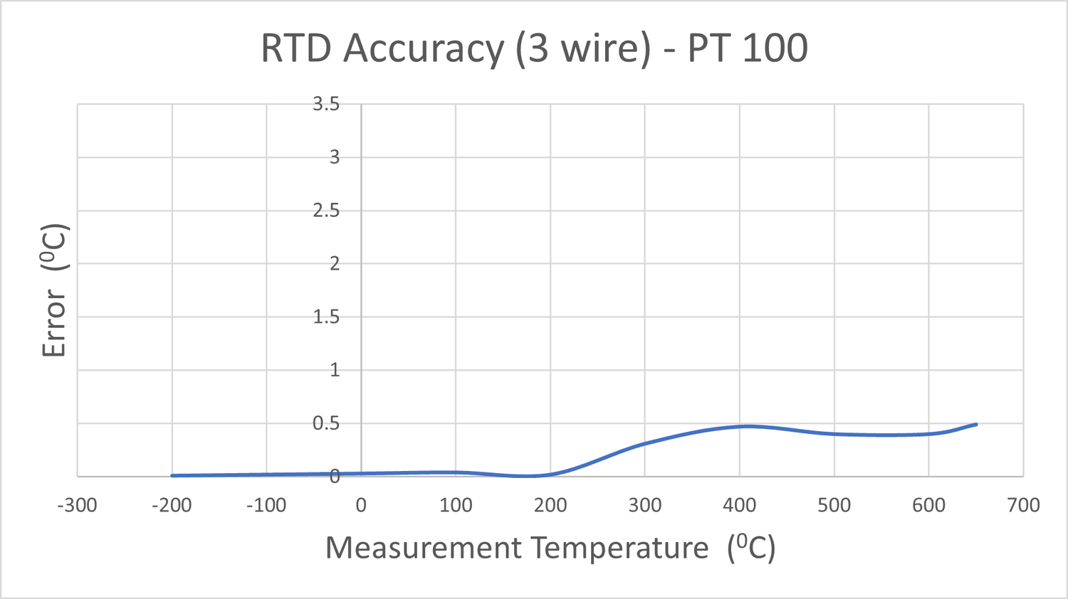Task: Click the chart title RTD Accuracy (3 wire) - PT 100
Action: [x=534, y=48]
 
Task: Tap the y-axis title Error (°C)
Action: [x=54, y=290]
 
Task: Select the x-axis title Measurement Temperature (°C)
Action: [x=550, y=548]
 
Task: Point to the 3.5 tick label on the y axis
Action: [x=326, y=104]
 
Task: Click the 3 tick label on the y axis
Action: [x=334, y=157]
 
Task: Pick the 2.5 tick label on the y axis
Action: [x=326, y=211]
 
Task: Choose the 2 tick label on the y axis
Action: [x=334, y=263]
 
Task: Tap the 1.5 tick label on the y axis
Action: [x=326, y=317]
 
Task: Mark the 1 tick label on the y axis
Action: [x=334, y=370]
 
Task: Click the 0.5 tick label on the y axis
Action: [x=326, y=423]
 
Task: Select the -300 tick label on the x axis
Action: [x=77, y=505]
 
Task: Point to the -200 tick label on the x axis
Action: [x=172, y=505]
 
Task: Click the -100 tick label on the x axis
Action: [x=266, y=505]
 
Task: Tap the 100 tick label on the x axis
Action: [x=456, y=505]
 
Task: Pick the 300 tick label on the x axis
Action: [x=644, y=505]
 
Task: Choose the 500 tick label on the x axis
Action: [x=834, y=505]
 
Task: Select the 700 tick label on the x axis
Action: [x=1023, y=505]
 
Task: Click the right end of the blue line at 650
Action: [x=976, y=424]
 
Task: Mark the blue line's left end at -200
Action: [x=172, y=475]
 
